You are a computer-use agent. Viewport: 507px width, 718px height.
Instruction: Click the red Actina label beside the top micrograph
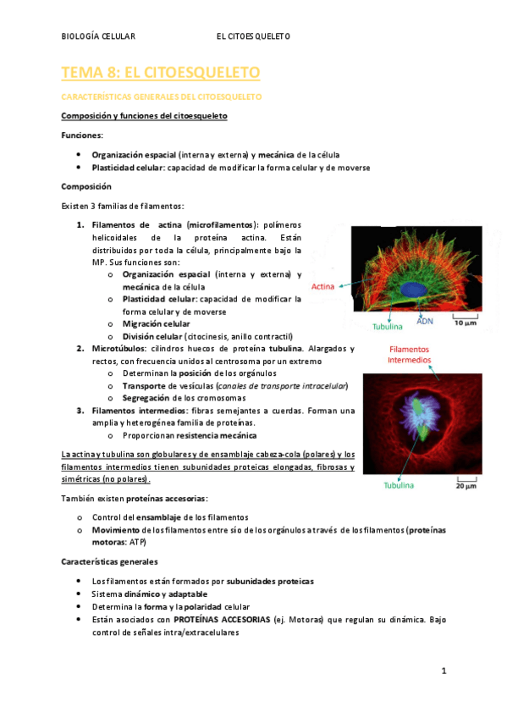tap(322, 287)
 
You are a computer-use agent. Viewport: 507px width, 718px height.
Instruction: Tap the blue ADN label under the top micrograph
tap(425, 321)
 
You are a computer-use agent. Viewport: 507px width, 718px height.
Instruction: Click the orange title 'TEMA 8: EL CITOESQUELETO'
tap(161, 74)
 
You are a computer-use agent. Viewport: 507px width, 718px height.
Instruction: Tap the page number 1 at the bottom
tap(443, 671)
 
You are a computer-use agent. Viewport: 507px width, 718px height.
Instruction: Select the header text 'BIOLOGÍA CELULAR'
tap(99, 36)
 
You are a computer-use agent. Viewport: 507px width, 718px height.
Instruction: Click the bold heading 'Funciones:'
tap(83, 135)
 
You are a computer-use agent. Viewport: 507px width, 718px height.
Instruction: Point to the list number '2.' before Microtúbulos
tap(79, 348)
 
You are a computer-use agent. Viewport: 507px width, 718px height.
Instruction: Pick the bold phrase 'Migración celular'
tap(156, 323)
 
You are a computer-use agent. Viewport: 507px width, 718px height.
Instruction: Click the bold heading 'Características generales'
tap(109, 561)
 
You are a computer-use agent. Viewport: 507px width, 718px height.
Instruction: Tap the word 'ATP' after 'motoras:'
tap(137, 542)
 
